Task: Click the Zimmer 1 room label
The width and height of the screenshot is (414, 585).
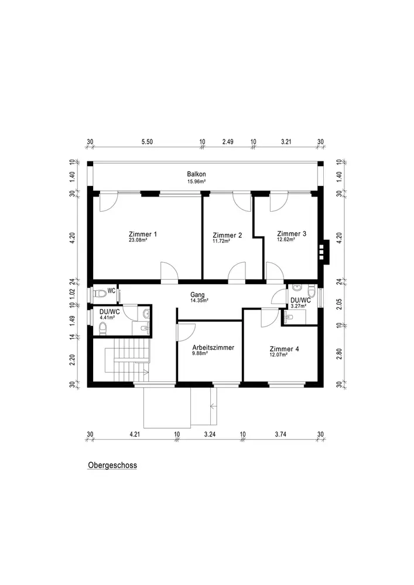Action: pos(143,234)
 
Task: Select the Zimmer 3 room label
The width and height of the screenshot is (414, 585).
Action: pos(292,233)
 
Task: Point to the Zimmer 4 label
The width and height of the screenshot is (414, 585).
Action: pos(284,349)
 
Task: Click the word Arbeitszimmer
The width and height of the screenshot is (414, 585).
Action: pos(213,347)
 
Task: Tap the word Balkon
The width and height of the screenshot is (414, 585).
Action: pos(196,175)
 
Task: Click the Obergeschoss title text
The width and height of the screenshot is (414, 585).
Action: pos(112,466)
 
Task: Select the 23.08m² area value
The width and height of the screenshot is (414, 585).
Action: pos(138,240)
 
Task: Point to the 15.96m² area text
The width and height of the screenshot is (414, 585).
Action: pos(196,181)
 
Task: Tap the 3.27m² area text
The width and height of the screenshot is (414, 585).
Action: pos(298,305)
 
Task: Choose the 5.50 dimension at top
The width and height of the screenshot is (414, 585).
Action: pos(147,142)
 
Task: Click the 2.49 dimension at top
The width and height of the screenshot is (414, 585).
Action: pos(228,142)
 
